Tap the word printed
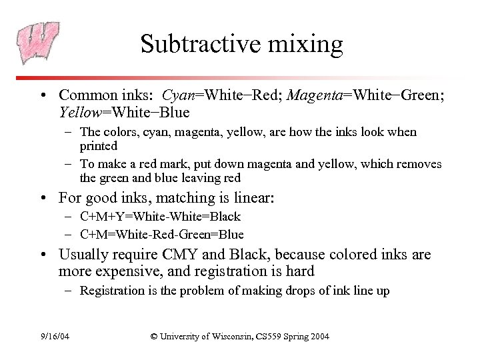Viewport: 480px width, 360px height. (x=98, y=145)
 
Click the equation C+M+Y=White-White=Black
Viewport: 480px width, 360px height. (x=160, y=217)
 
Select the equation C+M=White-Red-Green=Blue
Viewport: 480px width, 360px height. (x=161, y=234)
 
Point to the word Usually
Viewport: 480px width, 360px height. (x=84, y=255)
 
